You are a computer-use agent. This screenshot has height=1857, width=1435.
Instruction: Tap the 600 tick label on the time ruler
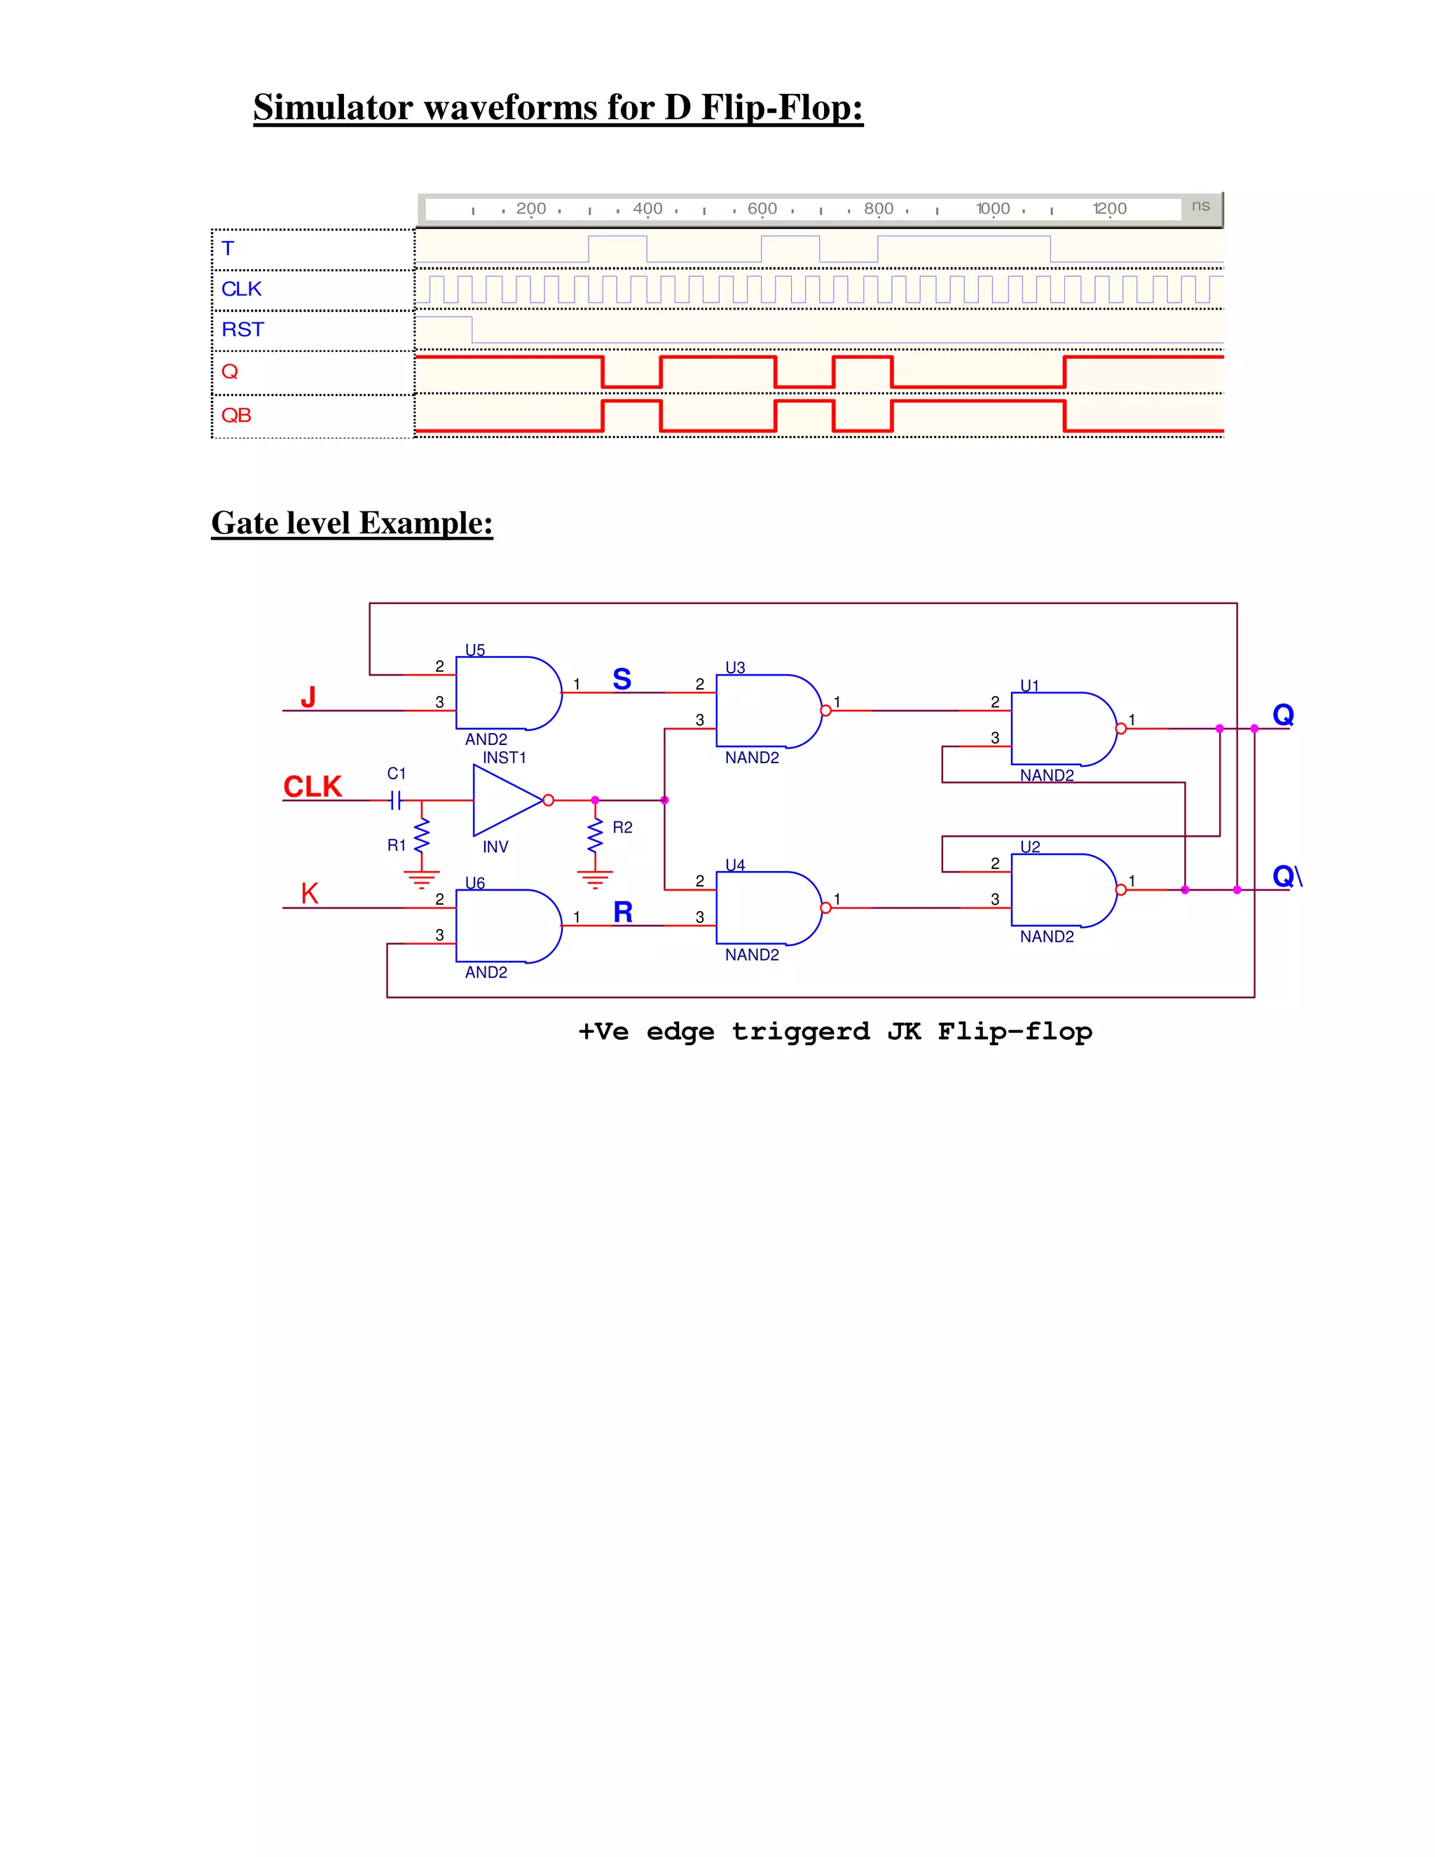[x=762, y=208]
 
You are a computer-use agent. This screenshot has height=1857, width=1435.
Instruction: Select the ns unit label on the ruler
[x=1200, y=206]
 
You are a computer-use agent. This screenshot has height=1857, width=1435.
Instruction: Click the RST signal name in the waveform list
[x=242, y=330]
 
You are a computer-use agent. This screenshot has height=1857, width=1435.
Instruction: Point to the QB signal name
[x=236, y=415]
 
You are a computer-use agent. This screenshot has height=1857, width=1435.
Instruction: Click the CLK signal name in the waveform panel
[x=242, y=289]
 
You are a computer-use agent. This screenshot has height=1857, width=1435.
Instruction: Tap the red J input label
[x=308, y=697]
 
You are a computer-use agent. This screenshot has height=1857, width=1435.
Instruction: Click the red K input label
[x=310, y=893]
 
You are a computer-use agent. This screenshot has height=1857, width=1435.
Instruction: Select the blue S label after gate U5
[x=622, y=679]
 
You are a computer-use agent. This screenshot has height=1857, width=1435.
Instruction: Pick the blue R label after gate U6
[x=622, y=912]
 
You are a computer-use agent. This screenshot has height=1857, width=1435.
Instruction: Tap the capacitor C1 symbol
[x=394, y=800]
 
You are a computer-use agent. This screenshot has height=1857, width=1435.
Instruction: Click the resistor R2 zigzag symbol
[x=595, y=836]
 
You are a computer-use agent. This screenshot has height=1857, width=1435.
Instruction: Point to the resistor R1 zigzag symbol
[x=422, y=836]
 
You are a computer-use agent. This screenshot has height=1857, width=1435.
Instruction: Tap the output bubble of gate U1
[x=1120, y=729]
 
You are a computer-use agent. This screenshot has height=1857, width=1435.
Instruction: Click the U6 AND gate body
[x=503, y=926]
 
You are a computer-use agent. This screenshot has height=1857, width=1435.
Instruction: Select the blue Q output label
[x=1282, y=714]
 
